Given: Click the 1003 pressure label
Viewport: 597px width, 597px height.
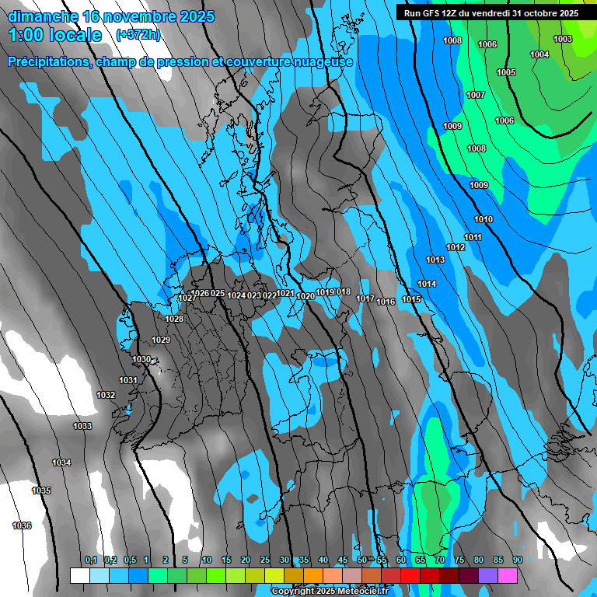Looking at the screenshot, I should (x=562, y=39).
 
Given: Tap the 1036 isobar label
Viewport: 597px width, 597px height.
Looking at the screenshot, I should (x=22, y=526).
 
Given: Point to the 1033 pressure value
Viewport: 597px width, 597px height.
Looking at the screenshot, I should (x=82, y=426).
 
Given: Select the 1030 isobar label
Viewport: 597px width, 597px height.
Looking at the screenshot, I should (x=141, y=359).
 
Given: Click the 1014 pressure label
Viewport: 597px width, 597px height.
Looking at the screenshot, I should (x=427, y=284).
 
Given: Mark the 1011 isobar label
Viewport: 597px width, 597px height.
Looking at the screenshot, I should (x=473, y=237).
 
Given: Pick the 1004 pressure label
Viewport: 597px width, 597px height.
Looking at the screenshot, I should (x=539, y=54).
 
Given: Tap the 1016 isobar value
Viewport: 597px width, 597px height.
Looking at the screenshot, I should (x=386, y=302).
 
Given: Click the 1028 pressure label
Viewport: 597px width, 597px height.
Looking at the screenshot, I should (x=174, y=319).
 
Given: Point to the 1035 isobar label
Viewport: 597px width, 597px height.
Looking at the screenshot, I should (x=41, y=491).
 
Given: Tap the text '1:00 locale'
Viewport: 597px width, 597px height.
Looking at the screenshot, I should (x=55, y=35).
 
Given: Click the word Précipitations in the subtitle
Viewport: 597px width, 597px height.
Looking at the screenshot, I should (x=47, y=62).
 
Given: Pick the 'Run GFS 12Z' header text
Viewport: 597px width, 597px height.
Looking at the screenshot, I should (x=430, y=13).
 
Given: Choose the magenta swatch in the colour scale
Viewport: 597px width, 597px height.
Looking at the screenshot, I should (x=508, y=575).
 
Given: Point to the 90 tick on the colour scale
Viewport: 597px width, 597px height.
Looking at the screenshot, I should (x=517, y=560).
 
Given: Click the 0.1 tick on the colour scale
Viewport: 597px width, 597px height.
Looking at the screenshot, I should (x=90, y=560).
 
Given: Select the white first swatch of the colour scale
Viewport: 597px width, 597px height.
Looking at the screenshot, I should (x=79, y=575).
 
